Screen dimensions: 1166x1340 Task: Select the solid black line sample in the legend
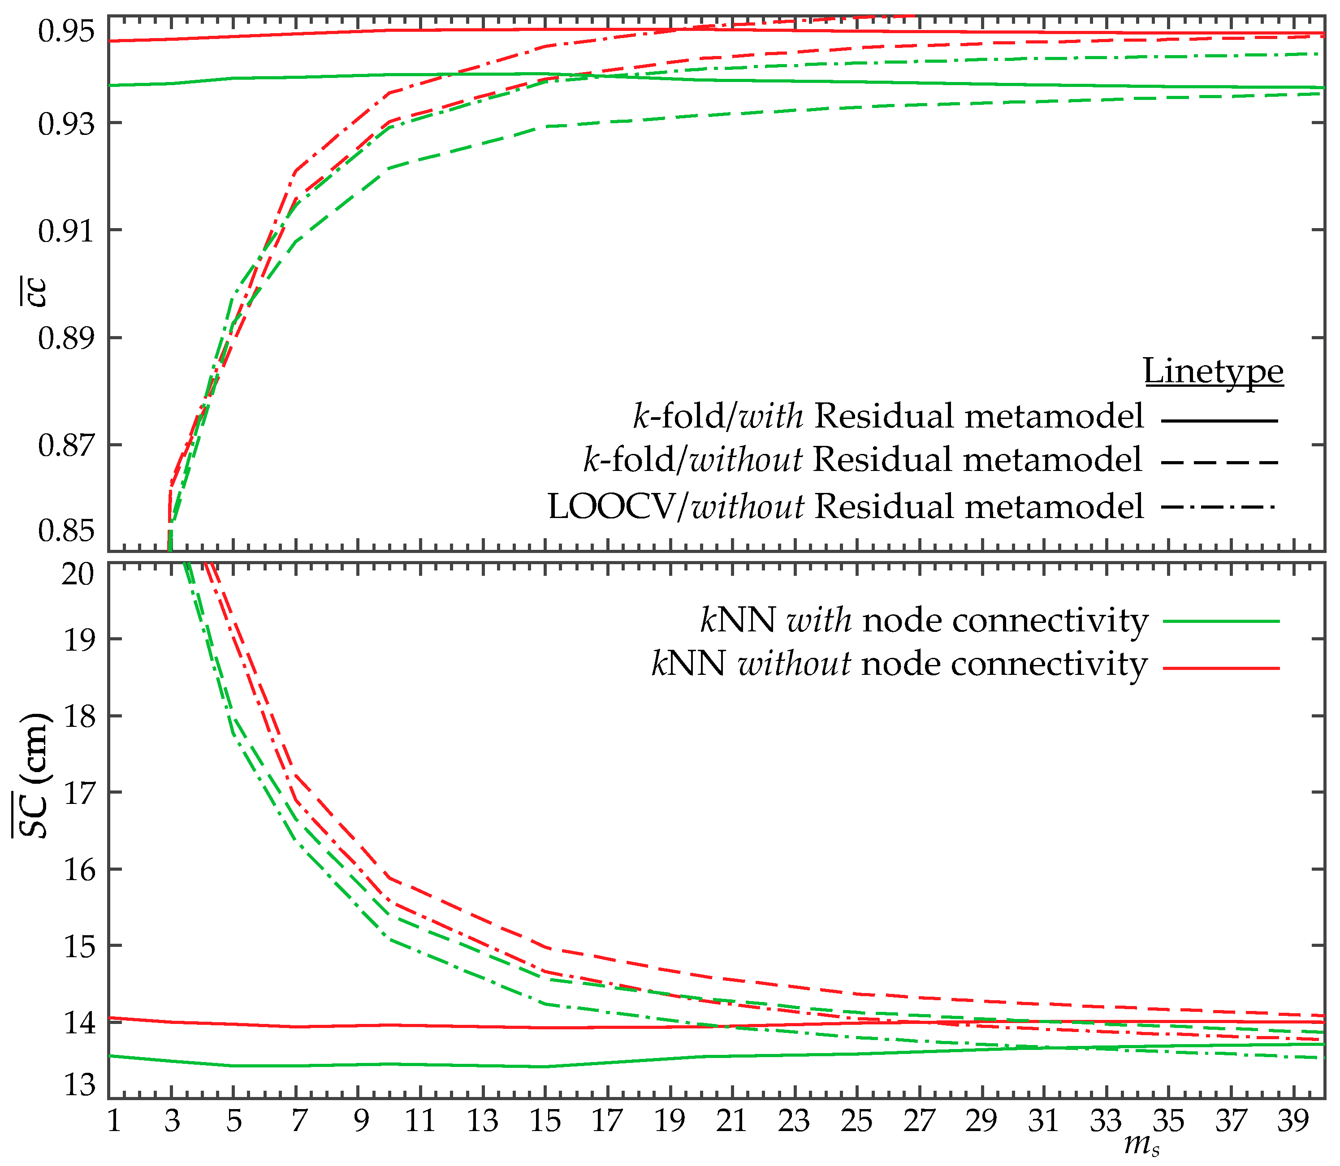pos(1219,421)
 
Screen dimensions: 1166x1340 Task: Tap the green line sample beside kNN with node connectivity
pos(1221,622)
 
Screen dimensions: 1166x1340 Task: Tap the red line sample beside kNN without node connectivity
pos(1221,668)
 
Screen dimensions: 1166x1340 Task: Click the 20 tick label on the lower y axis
pos(78,574)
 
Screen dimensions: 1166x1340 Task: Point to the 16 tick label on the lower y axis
pos(78,870)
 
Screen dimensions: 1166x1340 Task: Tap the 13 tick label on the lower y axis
pos(78,1084)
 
